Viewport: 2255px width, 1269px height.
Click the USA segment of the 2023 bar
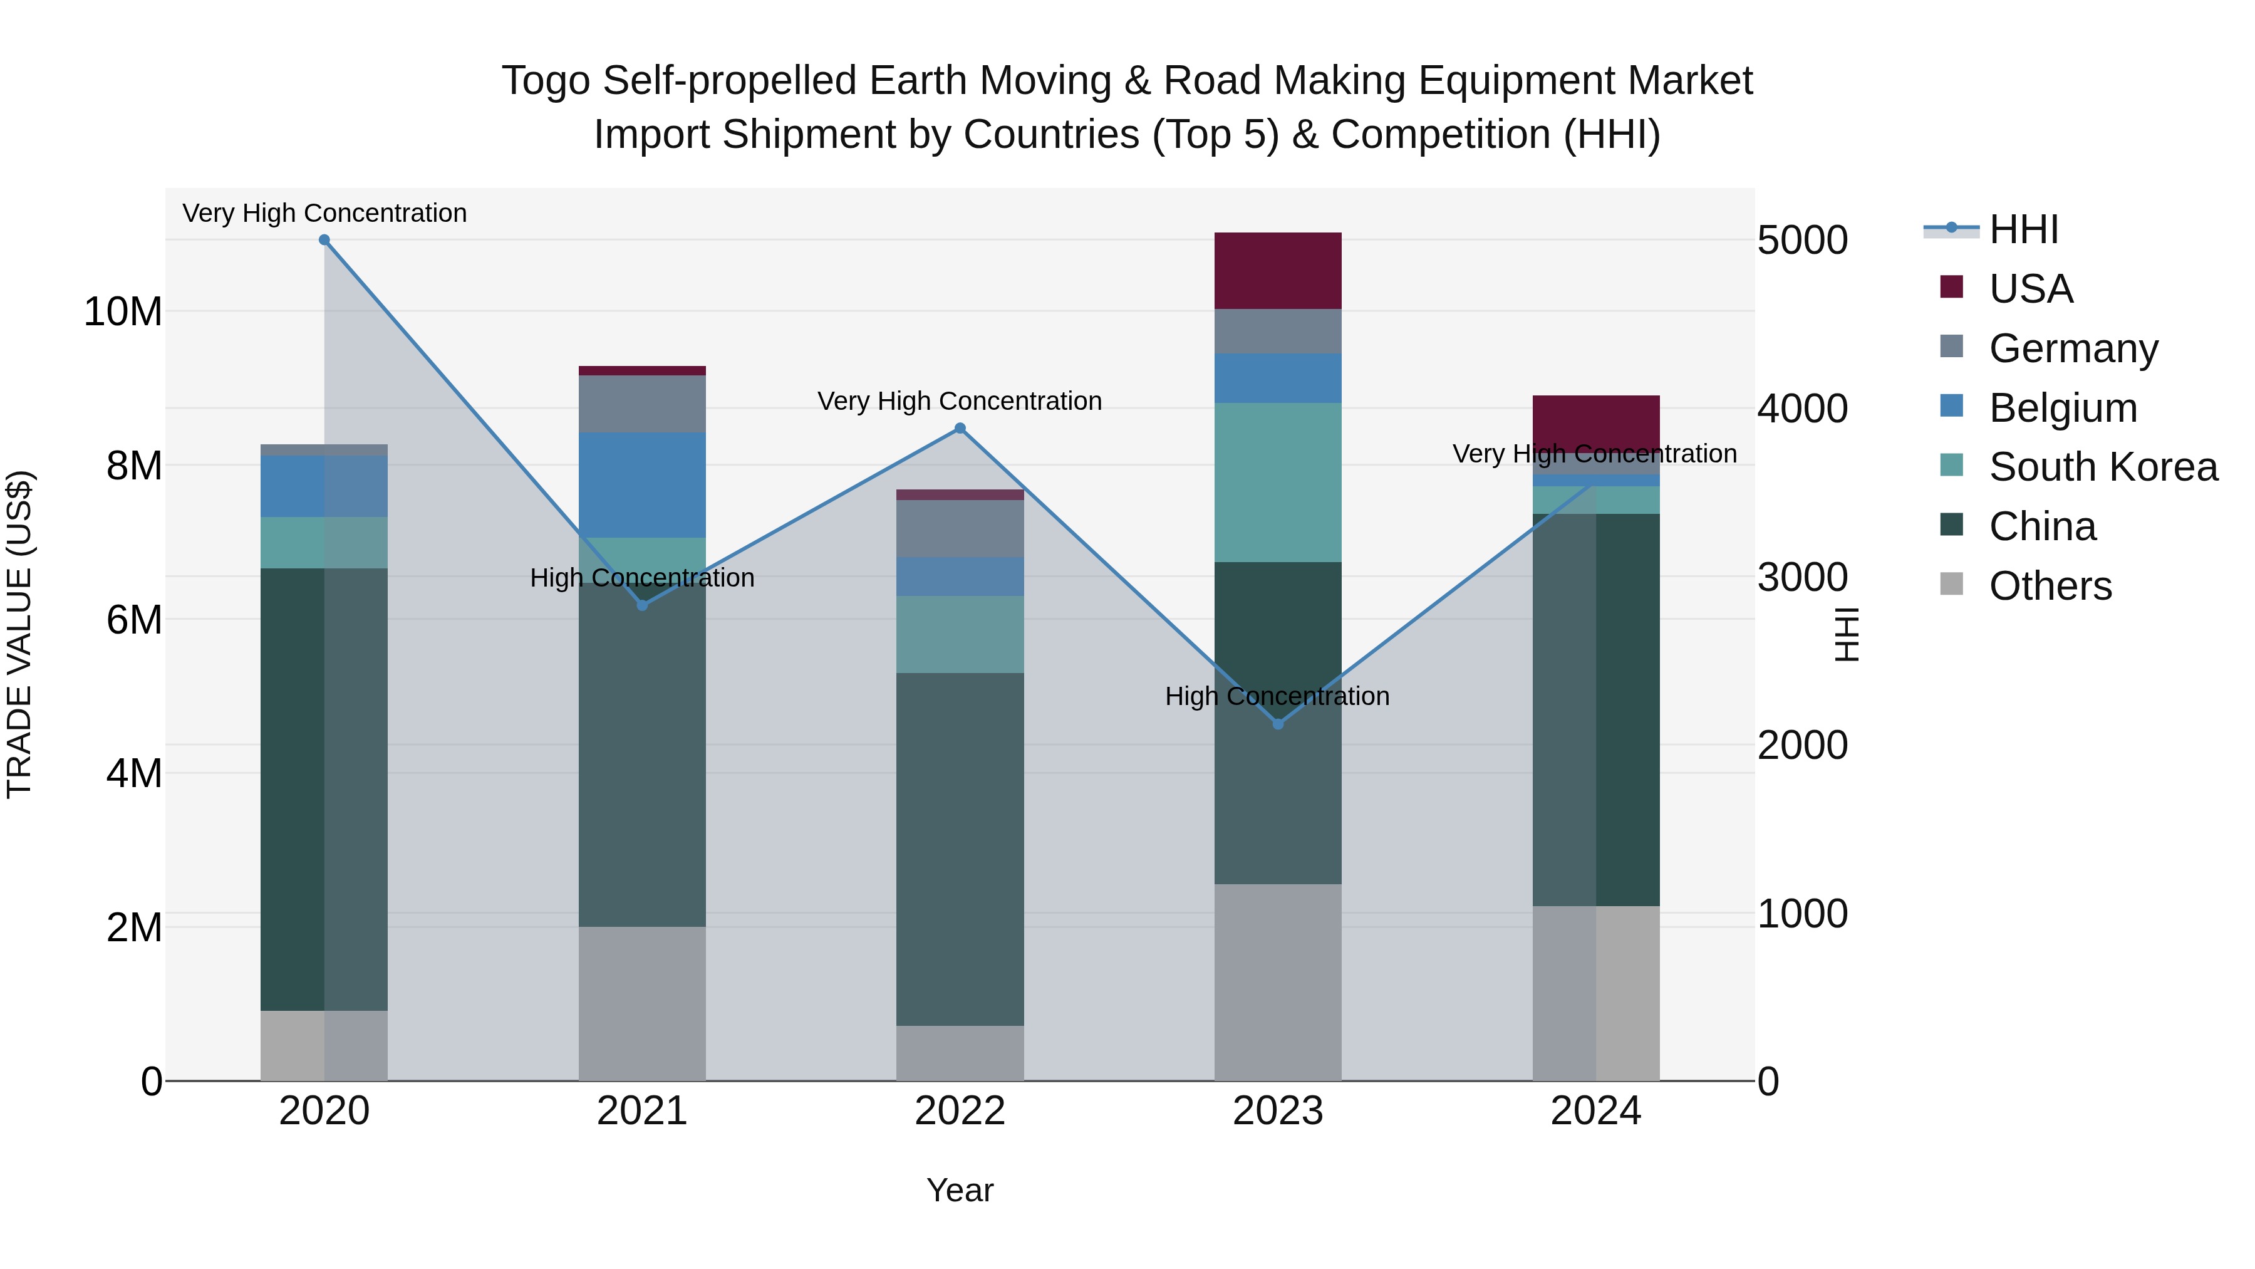[x=1277, y=271]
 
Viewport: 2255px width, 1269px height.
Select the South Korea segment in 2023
[x=1277, y=482]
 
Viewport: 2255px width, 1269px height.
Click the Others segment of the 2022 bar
[x=960, y=1053]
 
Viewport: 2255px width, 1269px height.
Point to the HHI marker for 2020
[x=324, y=240]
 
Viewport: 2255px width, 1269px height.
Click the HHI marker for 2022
[x=960, y=428]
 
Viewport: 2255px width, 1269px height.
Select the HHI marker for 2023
[x=1277, y=724]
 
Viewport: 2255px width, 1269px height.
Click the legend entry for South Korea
[x=2103, y=467]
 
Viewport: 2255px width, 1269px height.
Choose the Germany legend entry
[x=2073, y=348]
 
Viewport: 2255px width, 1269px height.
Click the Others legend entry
[x=2050, y=586]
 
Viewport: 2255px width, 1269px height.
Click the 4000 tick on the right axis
[x=1801, y=409]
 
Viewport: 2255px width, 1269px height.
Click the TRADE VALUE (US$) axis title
[x=19, y=634]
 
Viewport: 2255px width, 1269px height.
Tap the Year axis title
[x=960, y=1190]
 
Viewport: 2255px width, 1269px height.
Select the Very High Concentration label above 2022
[x=960, y=401]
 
